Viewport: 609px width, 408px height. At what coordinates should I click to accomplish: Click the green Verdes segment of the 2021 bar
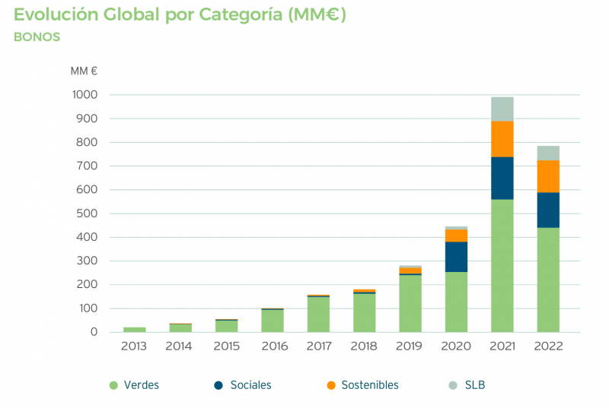[x=502, y=265]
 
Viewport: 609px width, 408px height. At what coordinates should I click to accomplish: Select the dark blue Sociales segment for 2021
[x=502, y=178]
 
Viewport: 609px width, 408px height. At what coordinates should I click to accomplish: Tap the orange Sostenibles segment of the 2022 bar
[x=548, y=176]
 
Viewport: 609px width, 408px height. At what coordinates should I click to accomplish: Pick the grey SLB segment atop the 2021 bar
[x=502, y=109]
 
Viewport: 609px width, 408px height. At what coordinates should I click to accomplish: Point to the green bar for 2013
[x=135, y=330]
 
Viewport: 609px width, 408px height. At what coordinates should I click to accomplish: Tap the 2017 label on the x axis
[x=318, y=346]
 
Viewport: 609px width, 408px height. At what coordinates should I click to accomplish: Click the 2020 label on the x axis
[x=456, y=346]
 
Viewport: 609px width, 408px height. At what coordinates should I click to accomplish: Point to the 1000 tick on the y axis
[x=84, y=95]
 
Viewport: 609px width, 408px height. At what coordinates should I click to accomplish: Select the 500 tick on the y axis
[x=88, y=213]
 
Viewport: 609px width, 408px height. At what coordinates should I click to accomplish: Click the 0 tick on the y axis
[x=94, y=332]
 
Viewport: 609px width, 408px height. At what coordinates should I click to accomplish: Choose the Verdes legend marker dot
[x=113, y=386]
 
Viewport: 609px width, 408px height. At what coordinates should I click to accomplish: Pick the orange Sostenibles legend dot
[x=330, y=386]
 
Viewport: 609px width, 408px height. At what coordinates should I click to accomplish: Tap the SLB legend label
[x=476, y=385]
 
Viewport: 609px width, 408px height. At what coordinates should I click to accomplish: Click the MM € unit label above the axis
[x=84, y=71]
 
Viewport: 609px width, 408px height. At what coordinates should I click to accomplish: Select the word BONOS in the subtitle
[x=37, y=36]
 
